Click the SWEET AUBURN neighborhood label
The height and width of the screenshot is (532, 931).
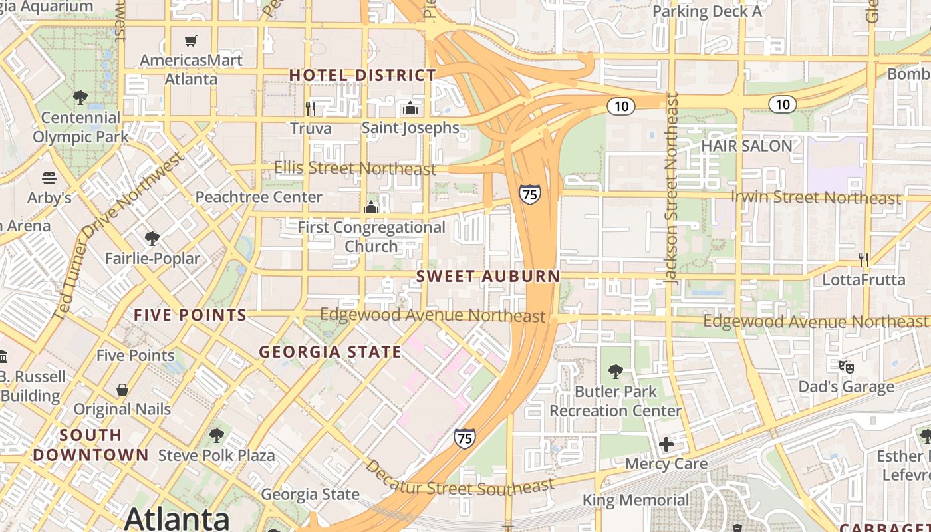(x=488, y=276)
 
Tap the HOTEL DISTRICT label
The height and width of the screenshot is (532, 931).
(x=362, y=75)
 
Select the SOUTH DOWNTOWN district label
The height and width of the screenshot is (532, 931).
(x=90, y=445)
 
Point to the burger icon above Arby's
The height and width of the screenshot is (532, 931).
(x=49, y=178)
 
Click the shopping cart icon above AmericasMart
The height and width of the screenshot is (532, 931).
(x=191, y=41)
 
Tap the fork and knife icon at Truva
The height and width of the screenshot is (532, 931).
(x=311, y=108)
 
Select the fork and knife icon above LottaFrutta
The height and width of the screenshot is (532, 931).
(x=864, y=259)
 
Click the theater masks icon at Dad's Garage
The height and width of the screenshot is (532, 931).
(x=846, y=366)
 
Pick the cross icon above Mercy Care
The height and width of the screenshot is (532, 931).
(x=666, y=444)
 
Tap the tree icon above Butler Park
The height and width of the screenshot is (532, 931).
(x=616, y=372)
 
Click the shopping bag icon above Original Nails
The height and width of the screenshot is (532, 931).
(x=122, y=389)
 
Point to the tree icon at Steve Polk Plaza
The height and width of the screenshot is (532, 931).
(x=216, y=436)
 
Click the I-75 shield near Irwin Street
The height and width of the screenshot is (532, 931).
(x=530, y=194)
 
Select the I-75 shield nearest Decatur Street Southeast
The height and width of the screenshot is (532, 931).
(x=465, y=438)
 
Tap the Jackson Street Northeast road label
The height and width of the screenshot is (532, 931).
(x=673, y=190)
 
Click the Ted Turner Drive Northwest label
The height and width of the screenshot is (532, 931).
(x=117, y=236)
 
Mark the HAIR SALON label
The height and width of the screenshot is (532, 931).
(x=747, y=146)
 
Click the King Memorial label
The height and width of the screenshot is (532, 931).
(x=636, y=500)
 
